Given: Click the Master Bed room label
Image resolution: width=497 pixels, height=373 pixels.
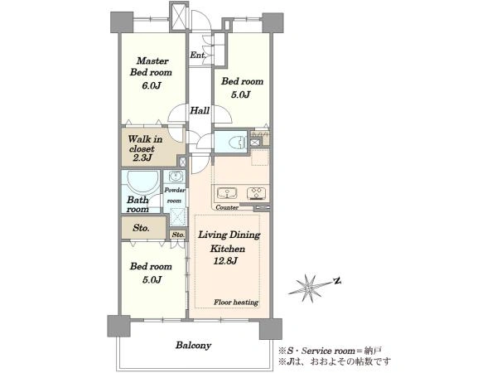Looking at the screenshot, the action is pos(151,66).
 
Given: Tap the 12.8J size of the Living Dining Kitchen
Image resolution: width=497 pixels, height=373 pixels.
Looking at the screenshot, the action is pos(225,261).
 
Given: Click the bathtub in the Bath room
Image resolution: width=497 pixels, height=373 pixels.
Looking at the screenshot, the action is pos(142,182).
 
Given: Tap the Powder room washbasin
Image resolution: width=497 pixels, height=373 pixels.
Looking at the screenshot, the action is pos(176,176).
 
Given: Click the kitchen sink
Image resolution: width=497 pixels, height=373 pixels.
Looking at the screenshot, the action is pos(227,193).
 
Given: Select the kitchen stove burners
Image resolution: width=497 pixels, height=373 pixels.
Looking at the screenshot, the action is pos(256,193).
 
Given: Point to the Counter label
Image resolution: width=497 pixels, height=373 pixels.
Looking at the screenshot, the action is pos(227,207).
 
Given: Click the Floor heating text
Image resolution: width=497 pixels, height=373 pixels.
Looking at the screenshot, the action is pos(236,303).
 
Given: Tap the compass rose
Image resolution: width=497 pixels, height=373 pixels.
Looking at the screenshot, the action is pos(308,288).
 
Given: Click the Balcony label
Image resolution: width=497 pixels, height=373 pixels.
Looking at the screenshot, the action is pos(193,345).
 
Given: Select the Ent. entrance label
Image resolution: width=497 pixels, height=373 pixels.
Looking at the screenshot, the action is pos(197,55).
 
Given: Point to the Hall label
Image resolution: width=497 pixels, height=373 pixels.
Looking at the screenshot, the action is pos(200,111).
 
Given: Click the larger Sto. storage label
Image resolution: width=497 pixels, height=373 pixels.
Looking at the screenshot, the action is pos(141,228).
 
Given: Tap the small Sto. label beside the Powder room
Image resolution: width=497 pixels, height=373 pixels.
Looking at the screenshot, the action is pos(178,235).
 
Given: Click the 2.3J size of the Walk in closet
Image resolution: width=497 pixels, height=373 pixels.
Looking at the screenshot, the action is pos(142,157).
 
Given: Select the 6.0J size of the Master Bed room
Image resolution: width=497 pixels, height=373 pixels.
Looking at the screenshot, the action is pos(152,85).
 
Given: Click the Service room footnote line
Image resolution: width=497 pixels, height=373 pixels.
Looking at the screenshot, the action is pos(330,351).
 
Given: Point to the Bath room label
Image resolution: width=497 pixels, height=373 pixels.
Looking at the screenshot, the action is pos(138,205).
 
